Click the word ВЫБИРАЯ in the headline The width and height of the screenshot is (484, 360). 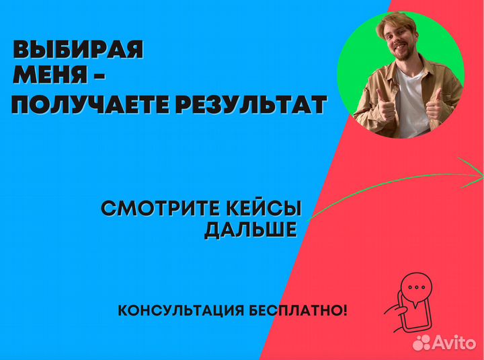click(x=78, y=51)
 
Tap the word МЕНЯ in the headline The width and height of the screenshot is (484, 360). click(x=50, y=76)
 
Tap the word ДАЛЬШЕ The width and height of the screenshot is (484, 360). click(x=250, y=230)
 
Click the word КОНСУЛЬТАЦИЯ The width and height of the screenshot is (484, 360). click(x=177, y=311)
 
